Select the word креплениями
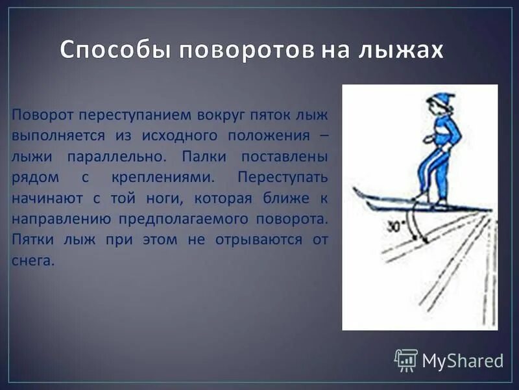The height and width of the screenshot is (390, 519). pyautogui.click(x=174, y=177)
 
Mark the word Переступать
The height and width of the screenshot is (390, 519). pyautogui.click(x=283, y=177)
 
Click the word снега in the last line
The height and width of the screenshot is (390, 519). pyautogui.click(x=31, y=260)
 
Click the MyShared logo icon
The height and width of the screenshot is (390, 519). pyautogui.click(x=406, y=359)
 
